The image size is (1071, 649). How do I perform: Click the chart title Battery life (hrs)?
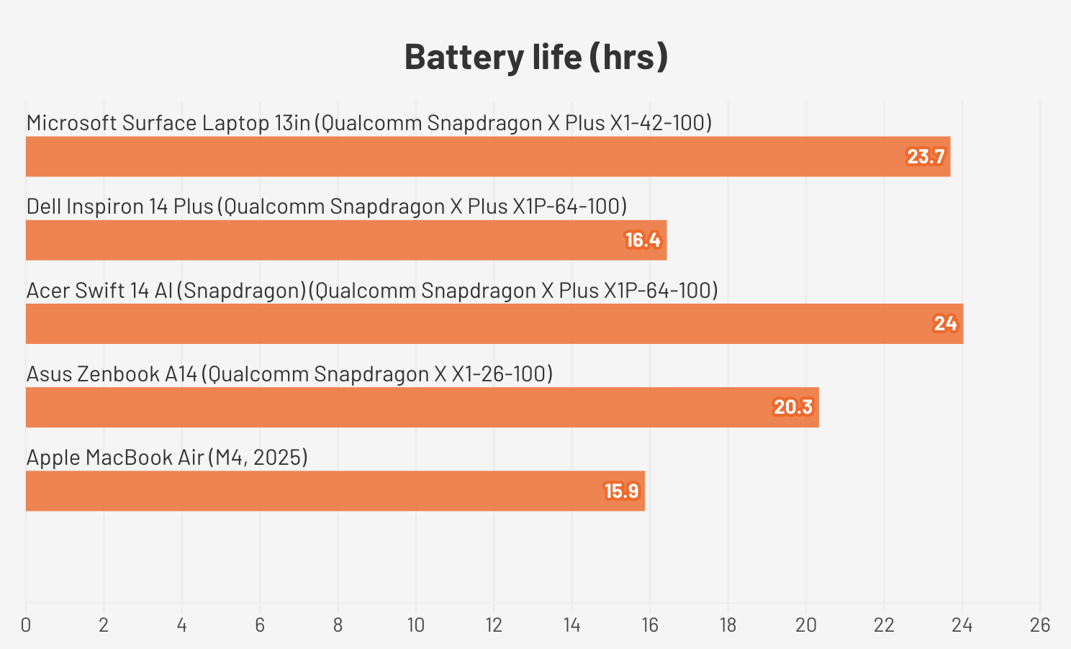536,57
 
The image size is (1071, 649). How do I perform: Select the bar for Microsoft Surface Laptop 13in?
488,156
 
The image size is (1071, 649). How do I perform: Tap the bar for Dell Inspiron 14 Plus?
346,240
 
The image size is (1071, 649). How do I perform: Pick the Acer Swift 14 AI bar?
494,324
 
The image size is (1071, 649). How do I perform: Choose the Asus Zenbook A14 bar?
422,407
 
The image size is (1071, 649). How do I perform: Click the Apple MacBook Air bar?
335,491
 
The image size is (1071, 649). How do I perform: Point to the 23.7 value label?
926,157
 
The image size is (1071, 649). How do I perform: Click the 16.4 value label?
643,240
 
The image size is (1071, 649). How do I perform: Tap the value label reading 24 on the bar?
945,324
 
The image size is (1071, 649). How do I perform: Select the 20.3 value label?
793,407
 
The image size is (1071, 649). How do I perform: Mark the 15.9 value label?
621,491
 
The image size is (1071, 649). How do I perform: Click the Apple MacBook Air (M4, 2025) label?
167,457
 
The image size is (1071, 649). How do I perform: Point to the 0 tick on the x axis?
26,625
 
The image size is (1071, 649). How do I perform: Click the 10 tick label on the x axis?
416,625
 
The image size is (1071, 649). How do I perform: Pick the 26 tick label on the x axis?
1040,625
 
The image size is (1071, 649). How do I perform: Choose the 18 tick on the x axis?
728,625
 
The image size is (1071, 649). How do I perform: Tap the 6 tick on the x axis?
260,625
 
